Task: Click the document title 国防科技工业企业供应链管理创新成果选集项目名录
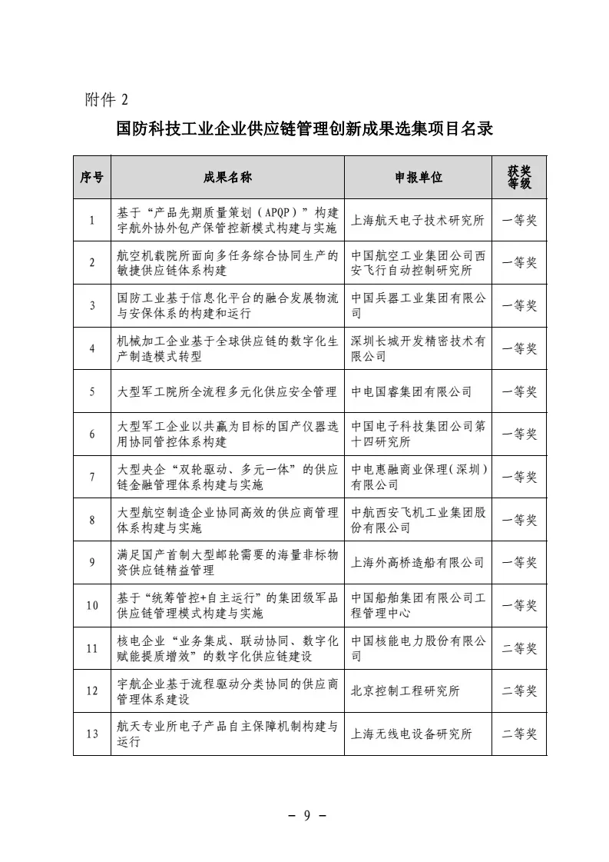click(304, 128)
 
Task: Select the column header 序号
click(92, 178)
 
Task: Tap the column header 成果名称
click(227, 178)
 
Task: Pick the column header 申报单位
click(419, 178)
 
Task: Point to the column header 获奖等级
click(519, 178)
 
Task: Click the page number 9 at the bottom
click(305, 816)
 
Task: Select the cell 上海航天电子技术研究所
click(418, 221)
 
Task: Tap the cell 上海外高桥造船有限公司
click(418, 562)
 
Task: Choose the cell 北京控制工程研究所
click(405, 691)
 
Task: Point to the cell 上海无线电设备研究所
click(412, 734)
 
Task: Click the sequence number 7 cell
click(92, 477)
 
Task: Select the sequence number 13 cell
click(92, 734)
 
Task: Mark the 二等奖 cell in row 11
click(519, 648)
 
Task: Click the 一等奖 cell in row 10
click(519, 605)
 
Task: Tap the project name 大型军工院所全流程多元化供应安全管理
click(227, 391)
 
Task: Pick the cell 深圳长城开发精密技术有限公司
click(419, 348)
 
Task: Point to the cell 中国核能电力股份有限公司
click(419, 648)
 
